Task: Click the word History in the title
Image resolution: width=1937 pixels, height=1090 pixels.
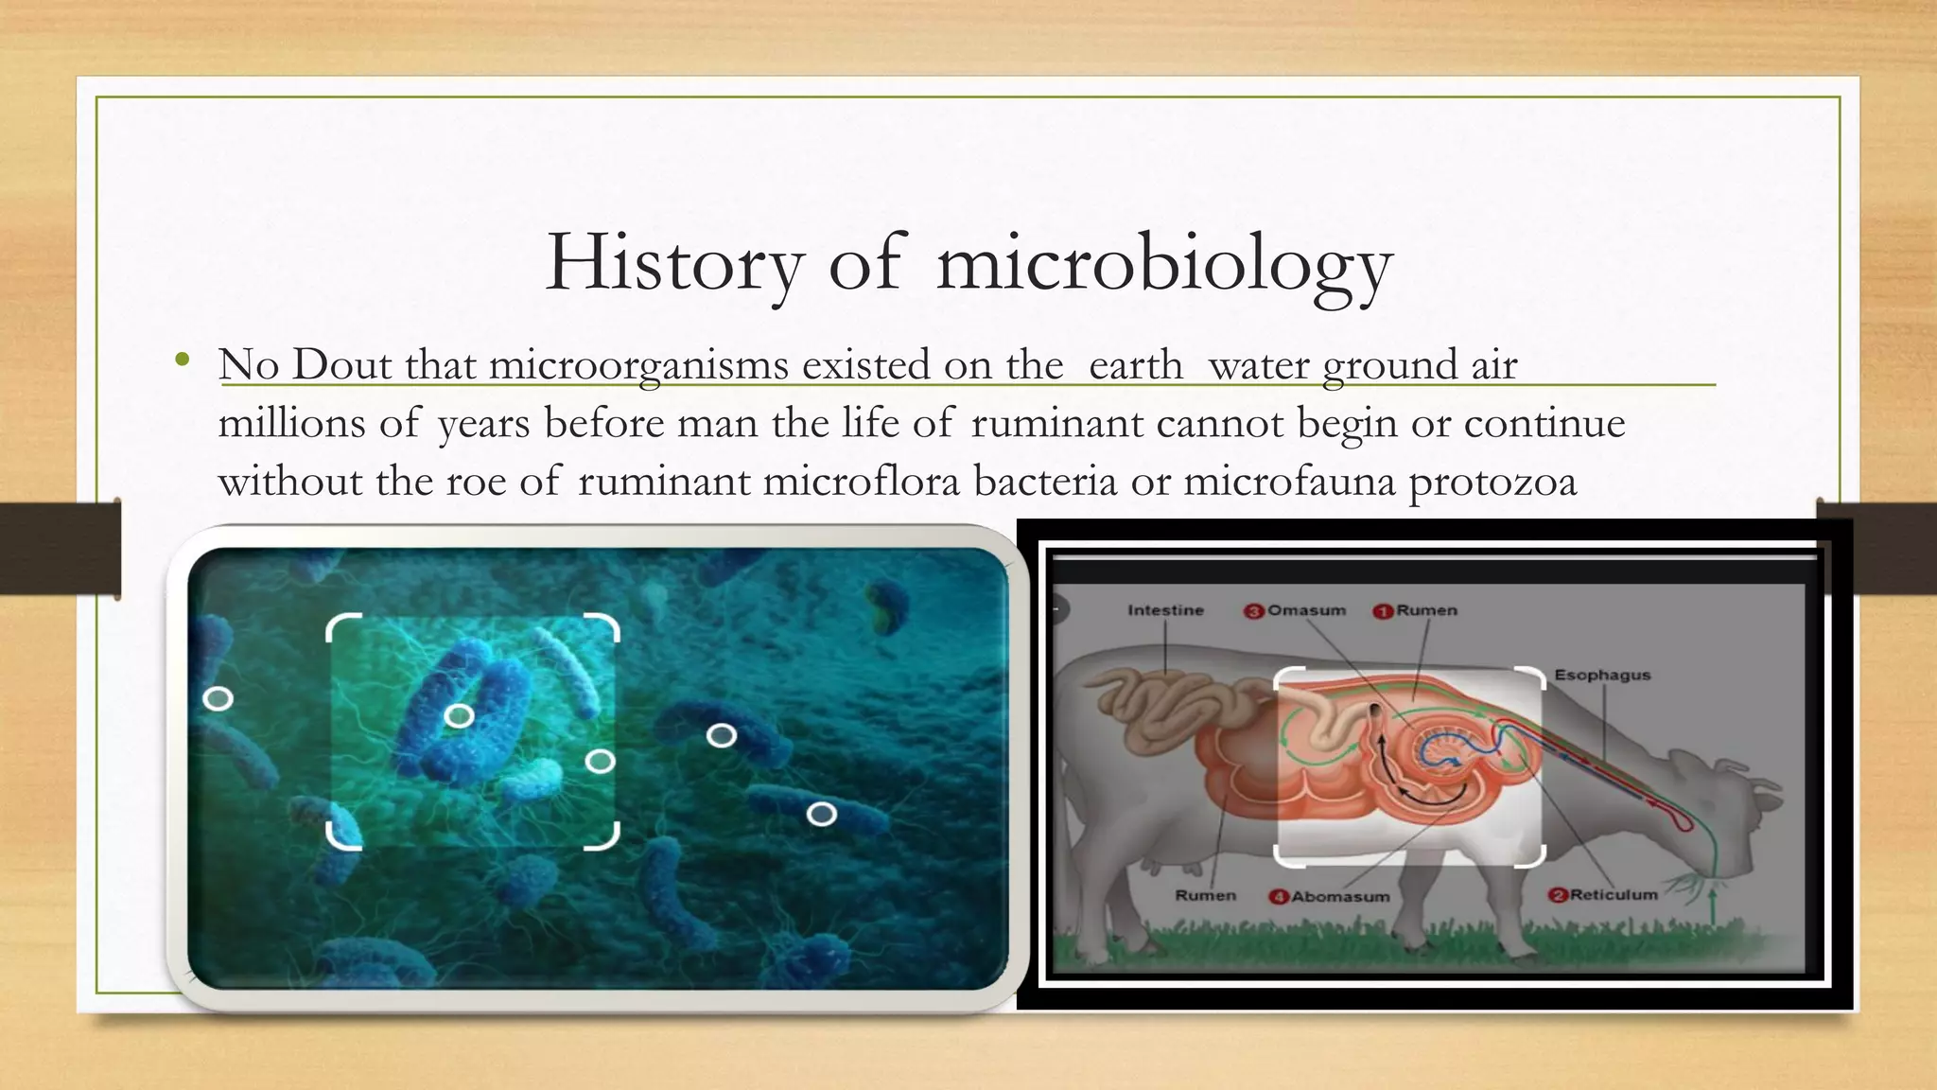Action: tap(673, 263)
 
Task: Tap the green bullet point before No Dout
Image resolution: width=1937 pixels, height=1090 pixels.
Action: tap(183, 360)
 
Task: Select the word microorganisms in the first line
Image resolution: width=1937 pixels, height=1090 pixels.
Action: tap(638, 365)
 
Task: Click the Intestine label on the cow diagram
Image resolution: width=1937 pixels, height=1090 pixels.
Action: tap(1165, 611)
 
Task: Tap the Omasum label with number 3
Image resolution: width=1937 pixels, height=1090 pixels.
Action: tap(1296, 611)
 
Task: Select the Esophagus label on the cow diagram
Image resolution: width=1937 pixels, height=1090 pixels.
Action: tap(1602, 676)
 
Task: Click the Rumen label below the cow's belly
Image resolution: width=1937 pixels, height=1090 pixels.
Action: tap(1205, 895)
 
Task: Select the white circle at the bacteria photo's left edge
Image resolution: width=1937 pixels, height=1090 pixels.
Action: tap(218, 699)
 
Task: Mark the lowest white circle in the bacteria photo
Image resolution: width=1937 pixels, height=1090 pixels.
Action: tap(821, 814)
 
